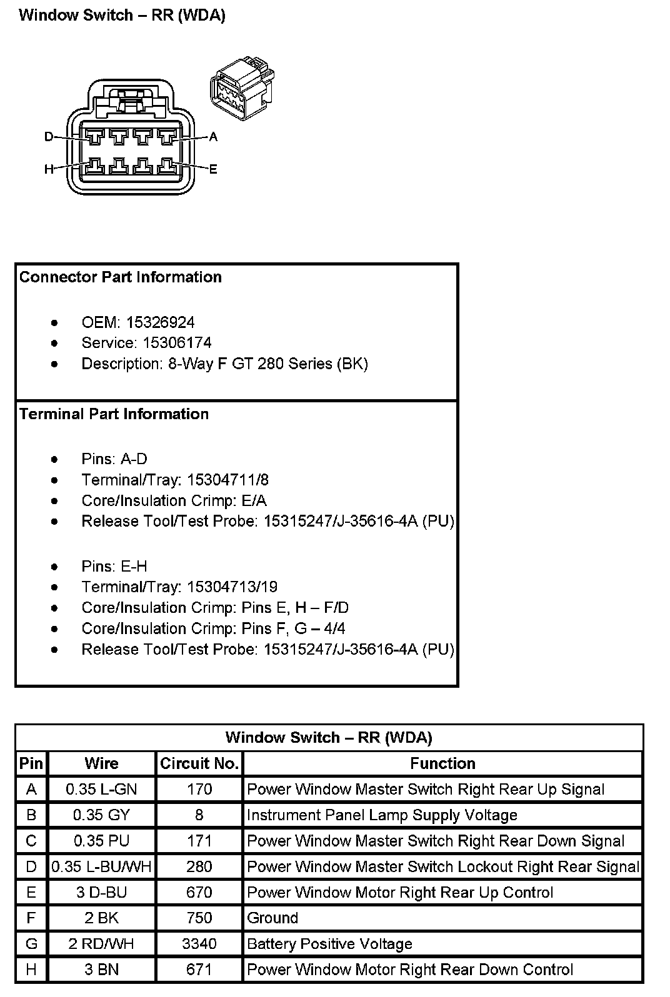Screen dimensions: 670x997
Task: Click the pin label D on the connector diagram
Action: pos(49,137)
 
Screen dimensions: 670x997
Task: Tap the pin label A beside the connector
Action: pos(213,137)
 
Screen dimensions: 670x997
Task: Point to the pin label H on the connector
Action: pos(49,169)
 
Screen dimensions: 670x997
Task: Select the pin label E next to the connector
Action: pos(213,169)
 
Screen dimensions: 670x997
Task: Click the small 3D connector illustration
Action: pos(242,88)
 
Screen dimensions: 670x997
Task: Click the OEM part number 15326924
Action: pos(160,322)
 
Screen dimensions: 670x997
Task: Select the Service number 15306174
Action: pos(177,343)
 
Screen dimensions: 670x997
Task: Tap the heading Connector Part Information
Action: pos(121,277)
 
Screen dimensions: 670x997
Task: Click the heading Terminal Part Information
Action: pos(114,414)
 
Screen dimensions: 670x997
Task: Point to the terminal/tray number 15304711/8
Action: pos(227,480)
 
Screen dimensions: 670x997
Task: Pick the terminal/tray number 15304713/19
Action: pos(232,587)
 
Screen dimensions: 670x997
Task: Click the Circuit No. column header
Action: pos(199,764)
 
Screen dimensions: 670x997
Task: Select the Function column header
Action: pos(442,764)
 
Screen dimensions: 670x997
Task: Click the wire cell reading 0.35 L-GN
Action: pos(101,789)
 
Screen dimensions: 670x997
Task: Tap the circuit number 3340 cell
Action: pos(199,943)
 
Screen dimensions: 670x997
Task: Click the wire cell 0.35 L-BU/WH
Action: pos(101,866)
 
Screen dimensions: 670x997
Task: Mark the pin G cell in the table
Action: pos(31,943)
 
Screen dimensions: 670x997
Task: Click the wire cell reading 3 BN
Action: pos(101,970)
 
